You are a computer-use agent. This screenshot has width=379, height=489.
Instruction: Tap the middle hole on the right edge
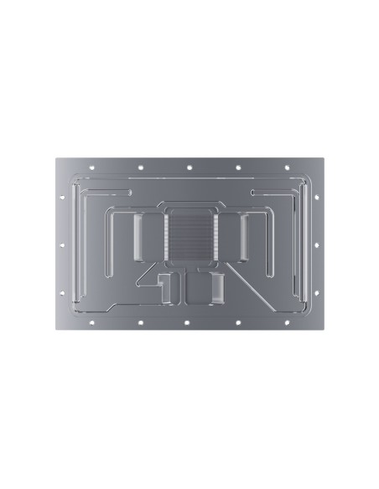point(317,244)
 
